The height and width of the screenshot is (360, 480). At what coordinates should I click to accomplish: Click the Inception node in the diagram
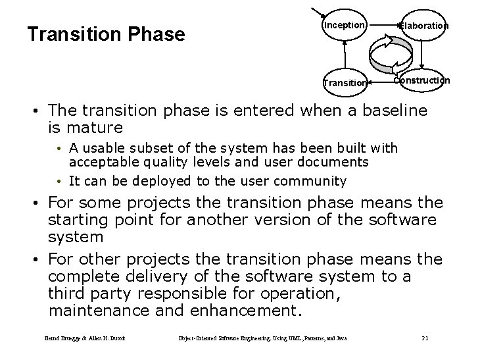point(343,26)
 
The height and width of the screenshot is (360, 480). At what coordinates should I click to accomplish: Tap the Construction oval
point(421,80)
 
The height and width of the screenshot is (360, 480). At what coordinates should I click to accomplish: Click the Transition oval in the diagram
point(344,83)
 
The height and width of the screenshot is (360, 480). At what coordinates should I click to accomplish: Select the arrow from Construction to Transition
point(381,82)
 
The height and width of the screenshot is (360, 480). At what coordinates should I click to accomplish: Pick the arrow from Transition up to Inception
point(344,54)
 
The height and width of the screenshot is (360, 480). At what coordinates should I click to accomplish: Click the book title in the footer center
point(262,338)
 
